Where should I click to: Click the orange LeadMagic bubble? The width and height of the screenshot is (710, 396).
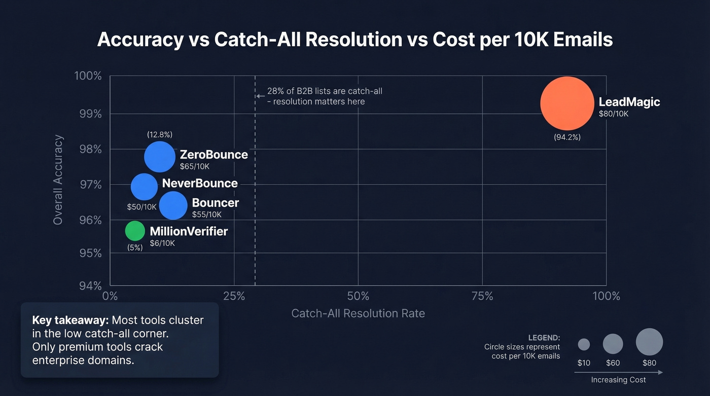(x=566, y=103)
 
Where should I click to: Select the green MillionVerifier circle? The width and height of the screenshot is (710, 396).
(x=135, y=231)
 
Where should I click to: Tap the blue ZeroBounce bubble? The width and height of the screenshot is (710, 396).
(x=160, y=157)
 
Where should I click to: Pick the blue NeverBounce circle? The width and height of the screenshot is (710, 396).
(x=145, y=187)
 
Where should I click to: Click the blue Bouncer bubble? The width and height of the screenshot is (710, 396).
(x=173, y=205)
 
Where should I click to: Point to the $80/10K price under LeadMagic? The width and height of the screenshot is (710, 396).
(x=613, y=114)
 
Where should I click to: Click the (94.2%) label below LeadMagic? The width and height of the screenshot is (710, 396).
(x=567, y=137)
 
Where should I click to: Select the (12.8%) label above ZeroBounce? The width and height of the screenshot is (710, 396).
(x=160, y=134)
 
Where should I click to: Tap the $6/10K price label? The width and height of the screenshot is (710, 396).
(x=162, y=243)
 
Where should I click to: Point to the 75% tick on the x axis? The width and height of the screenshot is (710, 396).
(x=482, y=296)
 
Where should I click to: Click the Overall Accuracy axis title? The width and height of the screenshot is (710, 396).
(x=58, y=179)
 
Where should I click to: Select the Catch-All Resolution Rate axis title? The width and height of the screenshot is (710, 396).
(x=358, y=313)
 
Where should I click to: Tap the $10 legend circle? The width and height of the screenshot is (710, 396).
(x=584, y=344)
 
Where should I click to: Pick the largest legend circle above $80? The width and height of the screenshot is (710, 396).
(x=649, y=342)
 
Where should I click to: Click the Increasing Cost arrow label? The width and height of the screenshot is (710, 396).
(x=618, y=380)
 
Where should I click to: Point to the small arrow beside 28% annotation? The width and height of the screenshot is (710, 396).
(x=260, y=95)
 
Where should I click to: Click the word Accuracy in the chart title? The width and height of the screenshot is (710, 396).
(x=140, y=40)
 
